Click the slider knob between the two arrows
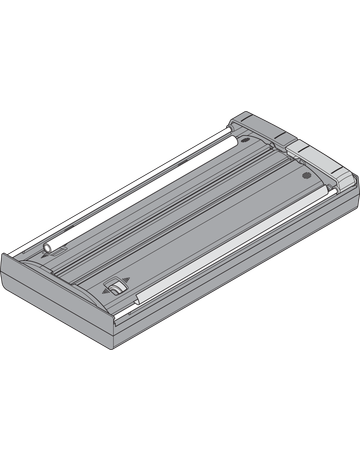pos(114,287)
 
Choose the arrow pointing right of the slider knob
pos(126,281)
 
